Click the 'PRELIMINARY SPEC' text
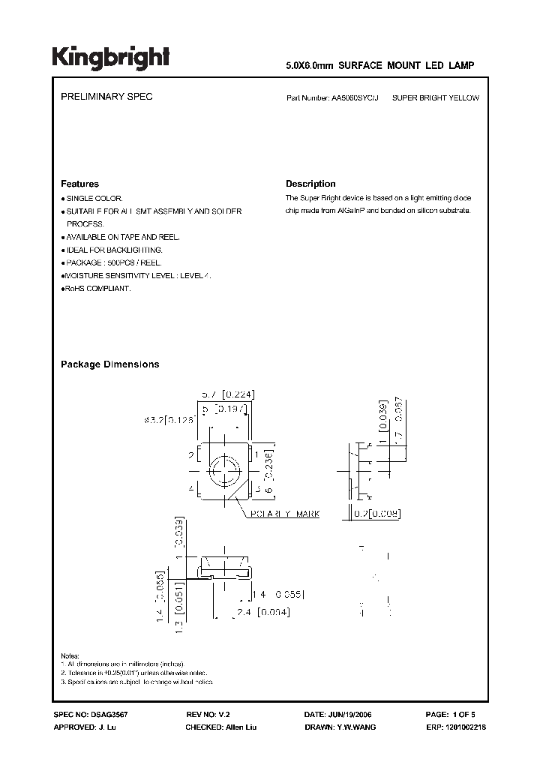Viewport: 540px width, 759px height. pyautogui.click(x=106, y=98)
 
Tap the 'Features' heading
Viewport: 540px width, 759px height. pyautogui.click(x=79, y=184)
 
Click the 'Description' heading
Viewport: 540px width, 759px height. pyautogui.click(x=310, y=184)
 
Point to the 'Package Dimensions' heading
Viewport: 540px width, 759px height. pyautogui.click(x=109, y=364)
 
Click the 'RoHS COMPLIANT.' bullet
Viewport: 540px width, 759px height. pyautogui.click(x=97, y=288)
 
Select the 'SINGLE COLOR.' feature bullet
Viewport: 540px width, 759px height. pyautogui.click(x=88, y=198)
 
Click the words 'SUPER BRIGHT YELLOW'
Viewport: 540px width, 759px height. pyautogui.click(x=436, y=98)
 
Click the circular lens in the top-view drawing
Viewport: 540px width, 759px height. pyautogui.click(x=223, y=472)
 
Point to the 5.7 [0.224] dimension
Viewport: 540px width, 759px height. pyautogui.click(x=223, y=394)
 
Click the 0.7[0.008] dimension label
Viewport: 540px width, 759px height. pyautogui.click(x=375, y=514)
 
